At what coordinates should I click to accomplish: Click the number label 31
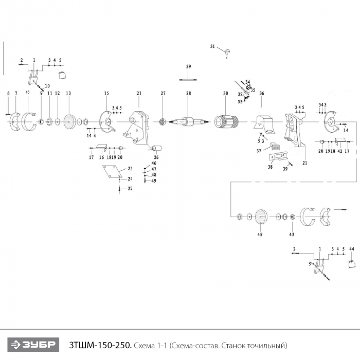[212, 46]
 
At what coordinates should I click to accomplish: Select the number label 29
[189, 67]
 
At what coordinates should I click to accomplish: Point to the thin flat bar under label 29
[188, 79]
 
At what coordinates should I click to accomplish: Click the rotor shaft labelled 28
[189, 122]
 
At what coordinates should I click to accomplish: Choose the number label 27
[163, 93]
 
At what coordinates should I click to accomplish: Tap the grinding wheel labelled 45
[260, 217]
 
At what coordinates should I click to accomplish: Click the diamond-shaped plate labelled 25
[111, 172]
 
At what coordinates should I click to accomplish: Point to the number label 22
[130, 189]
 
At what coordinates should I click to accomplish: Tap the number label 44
[352, 249]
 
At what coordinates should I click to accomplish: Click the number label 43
[292, 235]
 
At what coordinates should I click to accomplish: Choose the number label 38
[271, 167]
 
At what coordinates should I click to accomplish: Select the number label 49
[154, 181]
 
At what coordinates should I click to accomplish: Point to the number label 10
[47, 85]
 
